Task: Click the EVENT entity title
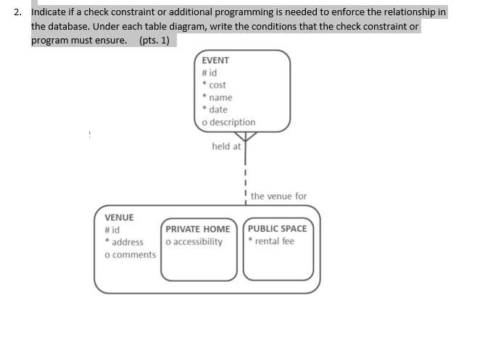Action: pyautogui.click(x=215, y=61)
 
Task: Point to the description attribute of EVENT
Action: pyautogui.click(x=228, y=122)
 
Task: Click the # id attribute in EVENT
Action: pyautogui.click(x=209, y=72)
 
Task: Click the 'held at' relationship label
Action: pyautogui.click(x=226, y=146)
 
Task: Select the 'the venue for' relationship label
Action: pyautogui.click(x=278, y=196)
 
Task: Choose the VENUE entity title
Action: pyautogui.click(x=120, y=217)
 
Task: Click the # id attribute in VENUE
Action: pyautogui.click(x=112, y=230)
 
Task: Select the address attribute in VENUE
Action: pyautogui.click(x=125, y=242)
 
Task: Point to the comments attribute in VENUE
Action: pyautogui.click(x=130, y=254)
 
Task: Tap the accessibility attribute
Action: pyautogui.click(x=194, y=241)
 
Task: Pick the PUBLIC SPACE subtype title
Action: pyautogui.click(x=278, y=229)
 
